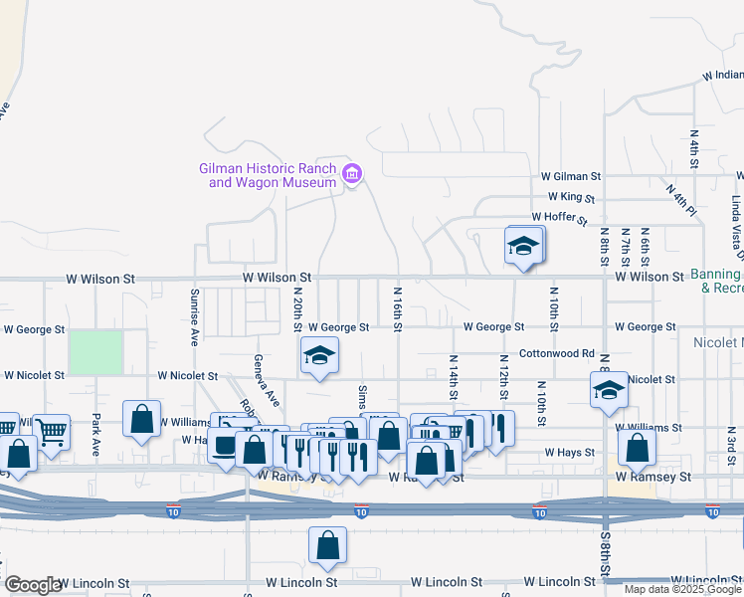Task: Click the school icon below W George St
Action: pyautogui.click(x=318, y=356)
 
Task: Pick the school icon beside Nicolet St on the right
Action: pyautogui.click(x=608, y=390)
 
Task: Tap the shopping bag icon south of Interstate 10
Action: pyautogui.click(x=327, y=545)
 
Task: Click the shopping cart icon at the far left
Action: pyautogui.click(x=51, y=432)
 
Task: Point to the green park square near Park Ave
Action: pyautogui.click(x=95, y=353)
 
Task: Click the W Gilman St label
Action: pyautogui.click(x=571, y=175)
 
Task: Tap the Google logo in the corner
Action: pyautogui.click(x=32, y=585)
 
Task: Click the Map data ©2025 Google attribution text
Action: pyautogui.click(x=681, y=589)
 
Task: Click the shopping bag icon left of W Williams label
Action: pyautogui.click(x=142, y=420)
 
